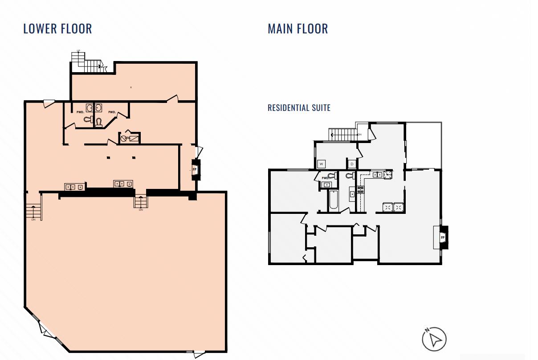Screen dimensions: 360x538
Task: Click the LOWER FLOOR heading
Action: coord(57,29)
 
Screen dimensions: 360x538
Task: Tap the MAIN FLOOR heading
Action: coord(298,29)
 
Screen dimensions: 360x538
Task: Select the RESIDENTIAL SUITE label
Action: coord(299,108)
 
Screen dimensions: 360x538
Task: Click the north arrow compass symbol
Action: coord(434,339)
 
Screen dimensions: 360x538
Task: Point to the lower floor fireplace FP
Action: coord(195,170)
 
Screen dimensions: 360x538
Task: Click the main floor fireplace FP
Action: coord(442,238)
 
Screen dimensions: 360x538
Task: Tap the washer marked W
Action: coord(321,164)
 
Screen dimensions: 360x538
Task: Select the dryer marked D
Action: coord(352,164)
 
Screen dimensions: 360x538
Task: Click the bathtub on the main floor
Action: coord(333,200)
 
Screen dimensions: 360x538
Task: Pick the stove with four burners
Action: coord(360,190)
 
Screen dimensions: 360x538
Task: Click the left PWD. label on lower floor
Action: coord(80,112)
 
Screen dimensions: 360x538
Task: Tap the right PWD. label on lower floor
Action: coord(112,112)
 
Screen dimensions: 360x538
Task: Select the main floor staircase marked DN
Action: coord(343,134)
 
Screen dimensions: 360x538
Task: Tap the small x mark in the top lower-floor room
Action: coord(130,87)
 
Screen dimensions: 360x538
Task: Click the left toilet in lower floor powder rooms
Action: coord(87,119)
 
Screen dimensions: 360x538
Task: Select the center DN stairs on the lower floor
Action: coord(140,202)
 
